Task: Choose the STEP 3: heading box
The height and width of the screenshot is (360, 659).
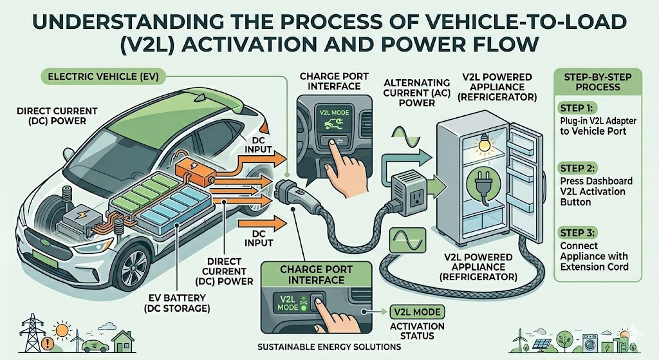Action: click(x=576, y=231)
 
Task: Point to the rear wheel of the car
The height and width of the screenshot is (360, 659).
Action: click(x=274, y=245)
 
